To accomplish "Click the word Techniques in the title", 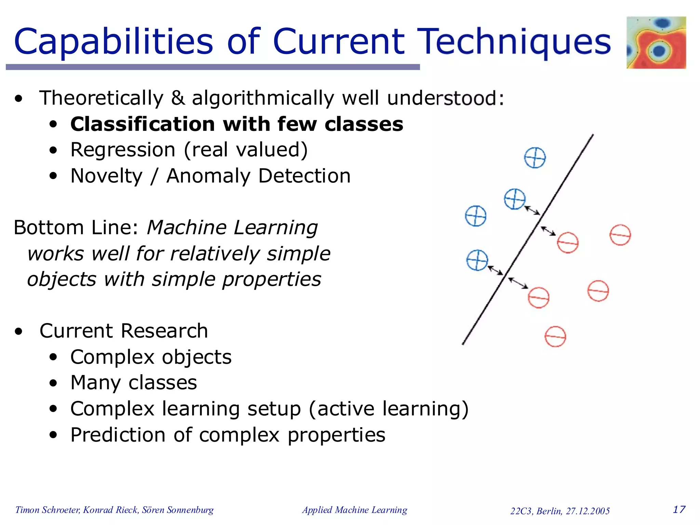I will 514,42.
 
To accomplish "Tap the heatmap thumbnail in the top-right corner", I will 656,42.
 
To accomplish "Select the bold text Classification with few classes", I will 237,124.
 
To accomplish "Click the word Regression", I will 123,150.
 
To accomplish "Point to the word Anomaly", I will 208,176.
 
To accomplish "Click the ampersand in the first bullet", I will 178,98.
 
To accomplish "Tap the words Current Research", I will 123,331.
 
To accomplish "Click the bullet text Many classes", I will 133,382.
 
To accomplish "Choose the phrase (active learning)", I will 389,409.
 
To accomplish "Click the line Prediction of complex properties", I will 228,435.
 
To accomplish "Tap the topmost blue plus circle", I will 535,158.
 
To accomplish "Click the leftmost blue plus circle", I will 475,216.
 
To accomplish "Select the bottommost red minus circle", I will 555,337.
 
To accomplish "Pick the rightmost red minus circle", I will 620,235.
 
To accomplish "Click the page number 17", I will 679,510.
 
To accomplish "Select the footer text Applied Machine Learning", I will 354,510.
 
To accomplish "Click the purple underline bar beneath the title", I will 213,67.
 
